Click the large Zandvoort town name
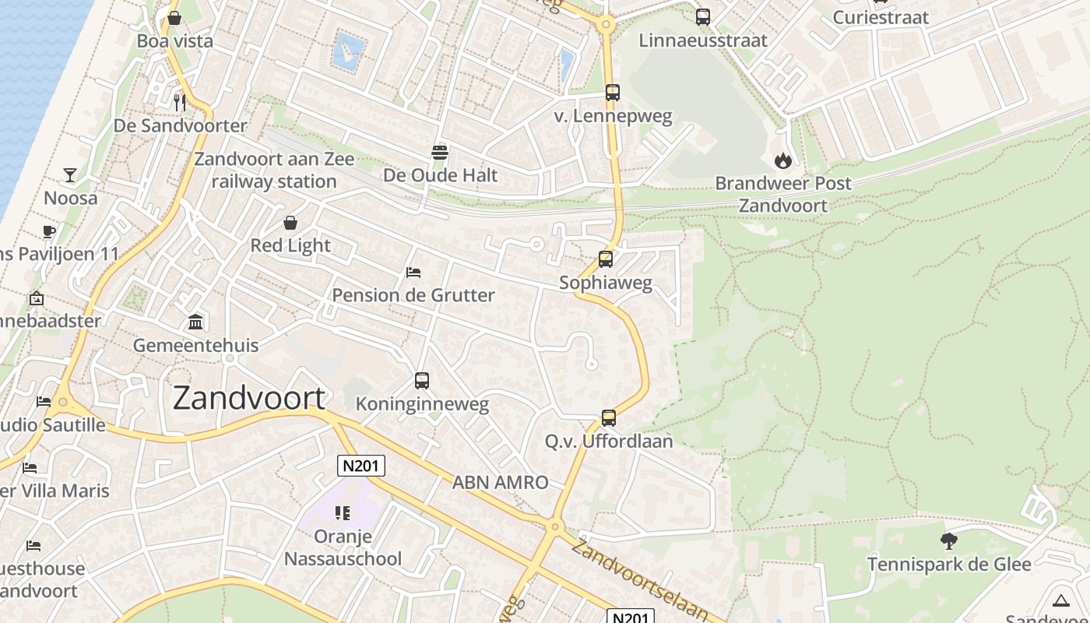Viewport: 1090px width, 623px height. tap(248, 398)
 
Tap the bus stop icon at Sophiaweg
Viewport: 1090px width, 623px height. tap(606, 259)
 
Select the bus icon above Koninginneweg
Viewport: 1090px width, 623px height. tap(422, 381)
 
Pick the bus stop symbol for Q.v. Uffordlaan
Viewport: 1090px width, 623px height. tap(609, 418)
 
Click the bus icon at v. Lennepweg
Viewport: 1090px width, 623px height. tap(613, 93)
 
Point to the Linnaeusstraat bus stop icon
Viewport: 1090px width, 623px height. tap(703, 16)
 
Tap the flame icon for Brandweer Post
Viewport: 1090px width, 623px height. tap(782, 160)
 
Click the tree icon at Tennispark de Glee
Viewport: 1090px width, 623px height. tap(948, 540)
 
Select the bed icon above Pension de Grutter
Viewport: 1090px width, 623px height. tap(413, 272)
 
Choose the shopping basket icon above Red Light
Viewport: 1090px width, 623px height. tap(290, 223)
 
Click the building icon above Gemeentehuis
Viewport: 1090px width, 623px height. tap(195, 322)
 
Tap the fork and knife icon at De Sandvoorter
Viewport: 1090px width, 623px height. tap(180, 101)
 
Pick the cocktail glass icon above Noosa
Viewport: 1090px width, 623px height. tap(70, 174)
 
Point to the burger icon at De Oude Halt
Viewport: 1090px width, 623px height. tap(440, 152)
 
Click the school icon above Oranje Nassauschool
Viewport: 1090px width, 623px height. tap(343, 512)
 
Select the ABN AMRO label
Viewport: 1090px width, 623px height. tap(501, 482)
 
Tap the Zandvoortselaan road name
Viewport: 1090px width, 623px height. tap(638, 579)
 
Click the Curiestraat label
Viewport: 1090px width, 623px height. tap(881, 17)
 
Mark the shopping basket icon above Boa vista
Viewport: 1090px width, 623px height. tap(174, 17)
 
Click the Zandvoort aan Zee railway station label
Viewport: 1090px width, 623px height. tap(274, 171)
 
